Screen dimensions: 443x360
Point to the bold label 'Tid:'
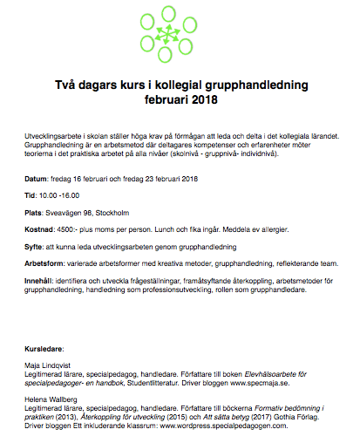(x=33, y=197)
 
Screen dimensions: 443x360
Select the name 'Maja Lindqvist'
(x=51, y=365)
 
